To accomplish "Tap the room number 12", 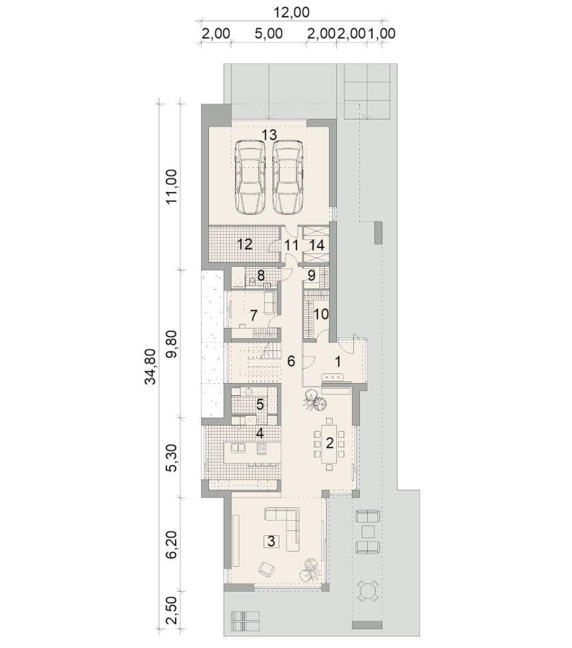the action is [245, 244].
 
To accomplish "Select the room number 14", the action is [317, 245].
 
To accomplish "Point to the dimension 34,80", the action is [151, 367].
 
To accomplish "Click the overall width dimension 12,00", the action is [291, 12].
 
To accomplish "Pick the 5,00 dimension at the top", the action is [269, 33].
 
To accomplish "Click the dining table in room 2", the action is [329, 444].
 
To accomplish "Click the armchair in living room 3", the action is [267, 570].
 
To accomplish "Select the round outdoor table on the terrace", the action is [367, 592].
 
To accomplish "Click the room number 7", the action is [253, 315].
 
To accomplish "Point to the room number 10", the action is [321, 315].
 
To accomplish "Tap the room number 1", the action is [338, 362].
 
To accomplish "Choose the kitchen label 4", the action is [260, 433].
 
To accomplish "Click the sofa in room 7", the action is [270, 302].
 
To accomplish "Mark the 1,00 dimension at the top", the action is [382, 33].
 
